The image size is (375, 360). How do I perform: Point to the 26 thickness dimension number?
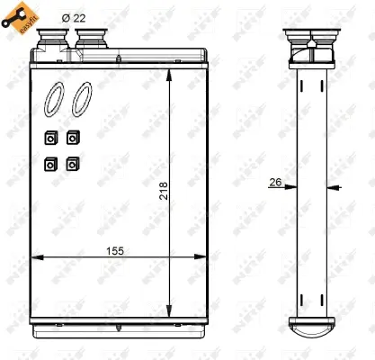[x=275, y=183]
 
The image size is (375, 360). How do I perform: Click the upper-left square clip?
[x=49, y=138]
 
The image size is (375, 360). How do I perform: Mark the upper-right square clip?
[x=71, y=138]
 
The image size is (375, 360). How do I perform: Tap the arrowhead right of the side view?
[x=334, y=187]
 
